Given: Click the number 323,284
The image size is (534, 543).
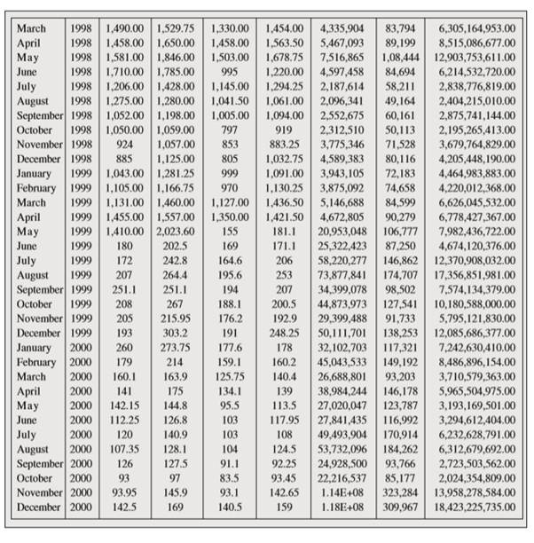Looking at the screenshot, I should tap(400, 492).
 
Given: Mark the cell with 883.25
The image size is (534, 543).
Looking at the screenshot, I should tap(283, 144).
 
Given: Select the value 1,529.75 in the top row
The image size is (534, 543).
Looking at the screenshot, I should tap(176, 29).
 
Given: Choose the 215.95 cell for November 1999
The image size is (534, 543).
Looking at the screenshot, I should tap(176, 318).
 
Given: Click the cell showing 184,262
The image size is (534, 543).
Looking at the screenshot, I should tap(400, 448).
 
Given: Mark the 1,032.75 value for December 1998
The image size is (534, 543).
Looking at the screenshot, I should tap(283, 159).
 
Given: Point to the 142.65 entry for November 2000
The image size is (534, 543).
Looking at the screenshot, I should tap(283, 492).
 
